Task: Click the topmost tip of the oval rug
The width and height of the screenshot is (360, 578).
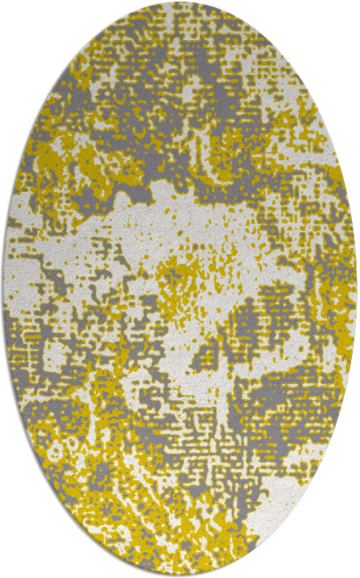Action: click(180, 4)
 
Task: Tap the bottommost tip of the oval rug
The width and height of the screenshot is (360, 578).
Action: click(180, 574)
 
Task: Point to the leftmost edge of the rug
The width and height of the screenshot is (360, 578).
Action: click(4, 289)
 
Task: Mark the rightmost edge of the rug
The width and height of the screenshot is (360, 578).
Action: click(356, 289)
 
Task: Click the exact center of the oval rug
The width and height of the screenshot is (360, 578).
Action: click(180, 289)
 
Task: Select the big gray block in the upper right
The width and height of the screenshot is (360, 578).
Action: click(267, 107)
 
